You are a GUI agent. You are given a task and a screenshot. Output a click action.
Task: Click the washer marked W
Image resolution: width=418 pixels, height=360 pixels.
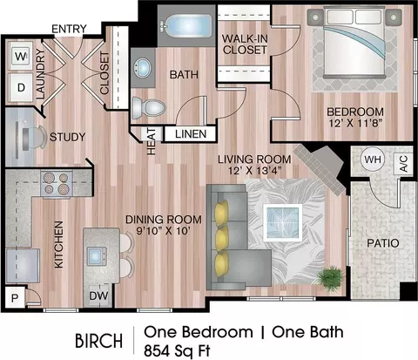coord(21,56)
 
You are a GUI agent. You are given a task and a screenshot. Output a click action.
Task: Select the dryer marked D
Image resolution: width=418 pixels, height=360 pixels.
coord(21,87)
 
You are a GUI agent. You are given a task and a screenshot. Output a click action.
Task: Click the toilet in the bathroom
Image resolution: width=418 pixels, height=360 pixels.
coord(148,108)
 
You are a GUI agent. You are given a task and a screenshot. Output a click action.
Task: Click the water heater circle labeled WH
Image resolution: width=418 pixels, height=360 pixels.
coord(373,160)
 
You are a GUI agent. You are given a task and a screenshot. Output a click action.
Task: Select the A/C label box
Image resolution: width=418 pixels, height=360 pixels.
coord(403,164)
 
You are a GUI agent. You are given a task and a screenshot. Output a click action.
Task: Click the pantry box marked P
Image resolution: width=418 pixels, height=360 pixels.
coord(15,297)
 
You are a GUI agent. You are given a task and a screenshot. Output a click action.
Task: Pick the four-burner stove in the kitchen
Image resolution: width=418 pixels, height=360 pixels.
coord(57,184)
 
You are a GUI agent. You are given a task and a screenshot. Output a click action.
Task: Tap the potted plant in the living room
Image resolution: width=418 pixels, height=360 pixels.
coord(330,278)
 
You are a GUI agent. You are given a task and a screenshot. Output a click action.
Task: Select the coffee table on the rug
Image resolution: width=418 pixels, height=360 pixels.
coord(283,222)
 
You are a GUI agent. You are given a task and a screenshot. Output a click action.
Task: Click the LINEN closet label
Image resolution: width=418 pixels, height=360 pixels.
coord(191,134)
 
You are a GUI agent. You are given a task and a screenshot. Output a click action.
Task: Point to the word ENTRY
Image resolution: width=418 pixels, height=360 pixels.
coord(69,29)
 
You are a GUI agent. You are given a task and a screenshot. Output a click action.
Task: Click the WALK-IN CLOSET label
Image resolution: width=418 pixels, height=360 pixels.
coord(245,44)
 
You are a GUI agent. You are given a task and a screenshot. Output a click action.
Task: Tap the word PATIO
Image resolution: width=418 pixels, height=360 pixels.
coord(383,243)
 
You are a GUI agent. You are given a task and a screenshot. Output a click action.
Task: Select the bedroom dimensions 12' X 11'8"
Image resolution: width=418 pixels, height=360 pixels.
coord(356,123)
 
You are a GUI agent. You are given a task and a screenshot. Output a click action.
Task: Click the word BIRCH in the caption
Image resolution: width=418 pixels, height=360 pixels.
coord(98,340)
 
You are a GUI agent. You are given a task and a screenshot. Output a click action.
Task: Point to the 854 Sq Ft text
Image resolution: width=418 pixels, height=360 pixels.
coord(177,350)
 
